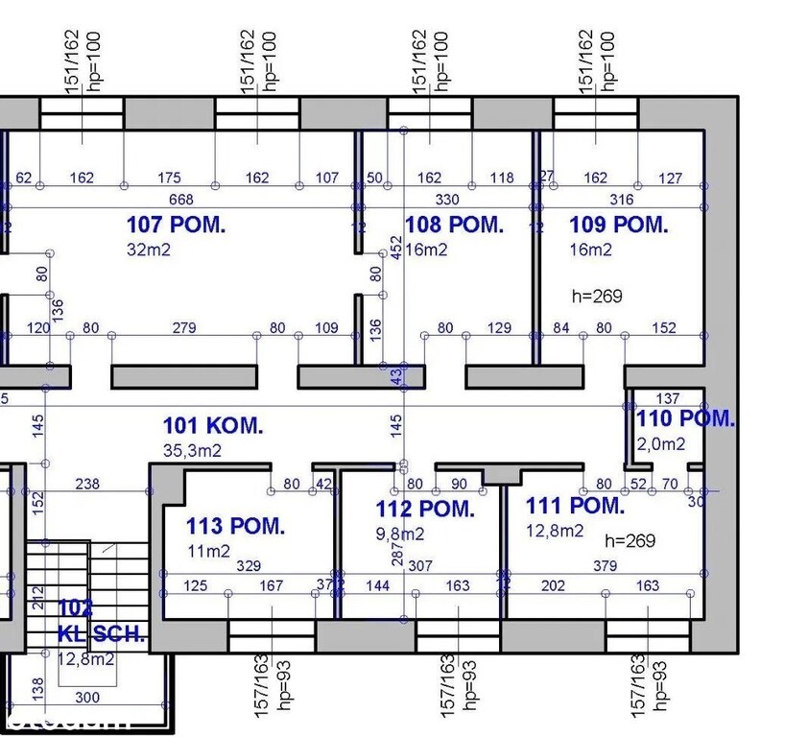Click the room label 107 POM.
pyautogui.click(x=177, y=226)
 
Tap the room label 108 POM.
pyautogui.click(x=455, y=226)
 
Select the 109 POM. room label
pyautogui.click(x=619, y=226)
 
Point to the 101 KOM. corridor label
pyautogui.click(x=213, y=425)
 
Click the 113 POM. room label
pyautogui.click(x=235, y=526)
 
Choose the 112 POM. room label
pyautogui.click(x=425, y=510)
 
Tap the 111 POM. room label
pyautogui.click(x=575, y=506)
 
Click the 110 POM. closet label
pyautogui.click(x=685, y=418)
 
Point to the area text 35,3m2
pyautogui.click(x=193, y=449)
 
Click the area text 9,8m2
pyautogui.click(x=400, y=534)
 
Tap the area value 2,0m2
pyautogui.click(x=662, y=443)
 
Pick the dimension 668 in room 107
pyautogui.click(x=180, y=200)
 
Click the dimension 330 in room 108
pyautogui.click(x=447, y=200)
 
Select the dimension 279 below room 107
pyautogui.click(x=184, y=328)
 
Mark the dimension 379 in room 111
pyautogui.click(x=605, y=566)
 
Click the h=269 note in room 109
pyautogui.click(x=596, y=297)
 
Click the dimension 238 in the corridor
pyautogui.click(x=87, y=485)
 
